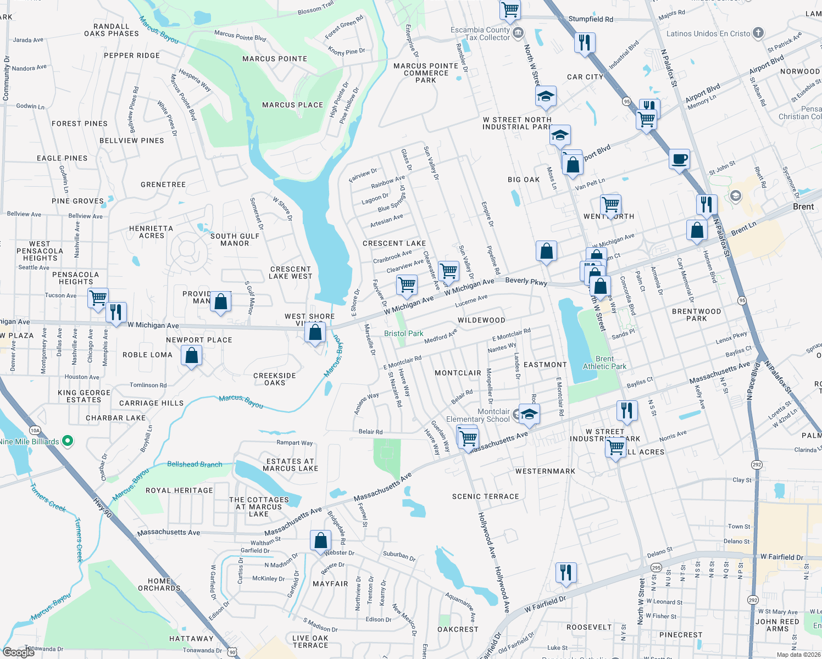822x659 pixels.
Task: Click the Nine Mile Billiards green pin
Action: [68, 441]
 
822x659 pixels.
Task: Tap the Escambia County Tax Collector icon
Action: [518, 33]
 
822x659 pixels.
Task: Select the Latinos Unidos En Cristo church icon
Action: [758, 33]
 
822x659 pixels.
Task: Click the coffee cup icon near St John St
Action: [679, 160]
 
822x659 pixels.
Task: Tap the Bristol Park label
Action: [403, 333]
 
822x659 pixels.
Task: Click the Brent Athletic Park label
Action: [604, 362]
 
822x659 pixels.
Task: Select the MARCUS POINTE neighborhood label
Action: [275, 59]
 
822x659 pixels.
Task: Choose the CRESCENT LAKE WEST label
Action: [291, 272]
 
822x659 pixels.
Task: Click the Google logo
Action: [19, 652]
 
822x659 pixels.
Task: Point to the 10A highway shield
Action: [35, 431]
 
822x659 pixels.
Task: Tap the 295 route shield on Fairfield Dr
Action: [656, 567]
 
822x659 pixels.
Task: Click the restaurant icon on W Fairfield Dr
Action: [565, 572]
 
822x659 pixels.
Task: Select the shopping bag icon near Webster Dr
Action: [320, 540]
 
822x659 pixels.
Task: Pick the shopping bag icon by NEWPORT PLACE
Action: [191, 355]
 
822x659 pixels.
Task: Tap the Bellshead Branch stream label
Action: [195, 464]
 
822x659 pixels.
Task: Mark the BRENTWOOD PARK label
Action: [696, 315]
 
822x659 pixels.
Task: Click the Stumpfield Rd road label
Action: [591, 19]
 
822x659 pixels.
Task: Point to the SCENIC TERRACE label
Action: [485, 496]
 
